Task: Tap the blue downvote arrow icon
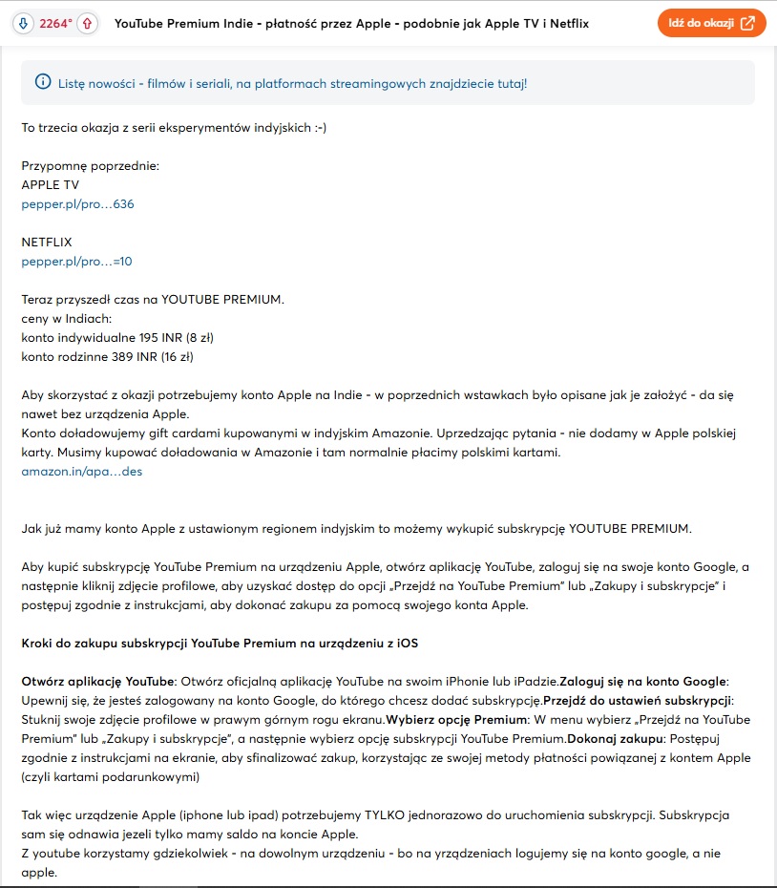point(22,23)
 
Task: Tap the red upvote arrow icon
point(87,23)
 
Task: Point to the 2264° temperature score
point(55,23)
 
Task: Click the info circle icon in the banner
point(42,83)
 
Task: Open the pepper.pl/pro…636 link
point(72,204)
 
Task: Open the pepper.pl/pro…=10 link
point(70,261)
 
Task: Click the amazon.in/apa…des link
point(81,471)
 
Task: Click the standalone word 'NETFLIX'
point(47,243)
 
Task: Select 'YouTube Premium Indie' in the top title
point(185,23)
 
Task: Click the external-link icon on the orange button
point(748,23)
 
